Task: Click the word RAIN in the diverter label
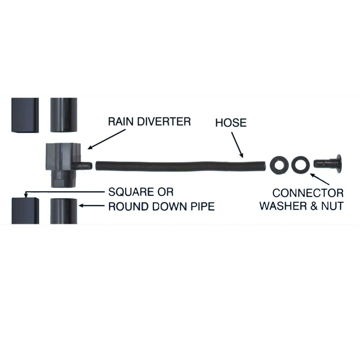pyautogui.click(x=121, y=121)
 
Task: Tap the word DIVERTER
pyautogui.click(x=164, y=121)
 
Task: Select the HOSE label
pyautogui.click(x=231, y=123)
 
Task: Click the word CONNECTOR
pyautogui.click(x=308, y=193)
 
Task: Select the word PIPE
pyautogui.click(x=203, y=207)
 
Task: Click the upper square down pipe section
pyautogui.click(x=25, y=115)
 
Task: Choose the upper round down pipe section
pyautogui.click(x=64, y=115)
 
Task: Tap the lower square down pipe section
pyautogui.click(x=25, y=211)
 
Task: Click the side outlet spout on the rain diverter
pyautogui.click(x=83, y=165)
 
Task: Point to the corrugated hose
pyautogui.click(x=180, y=166)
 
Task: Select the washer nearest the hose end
pyautogui.click(x=279, y=165)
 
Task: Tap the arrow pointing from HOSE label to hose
pyautogui.click(x=237, y=145)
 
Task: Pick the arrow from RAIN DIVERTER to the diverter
pyautogui.click(x=107, y=139)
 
